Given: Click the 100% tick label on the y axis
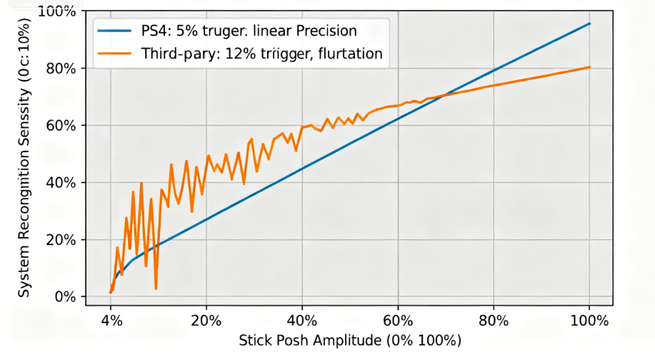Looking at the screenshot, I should [x=59, y=11].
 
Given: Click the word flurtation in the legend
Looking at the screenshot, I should [x=348, y=53].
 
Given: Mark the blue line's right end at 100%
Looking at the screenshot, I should [x=590, y=24].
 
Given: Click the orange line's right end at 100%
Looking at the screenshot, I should [x=590, y=67].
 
